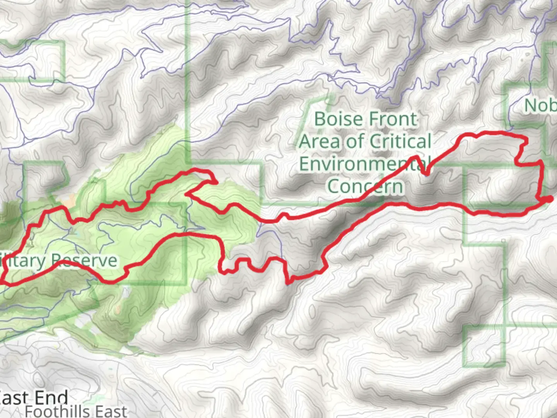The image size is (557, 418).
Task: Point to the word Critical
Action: pos(400,141)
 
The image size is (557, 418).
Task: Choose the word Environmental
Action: pos(365,164)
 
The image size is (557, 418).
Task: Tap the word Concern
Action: pos(365,186)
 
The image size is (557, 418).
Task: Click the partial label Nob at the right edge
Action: pos(541,105)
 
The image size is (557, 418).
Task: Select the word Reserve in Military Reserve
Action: pos(85,260)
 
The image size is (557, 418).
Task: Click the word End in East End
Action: pos(51,398)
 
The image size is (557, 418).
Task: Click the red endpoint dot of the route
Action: pos(549,199)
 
